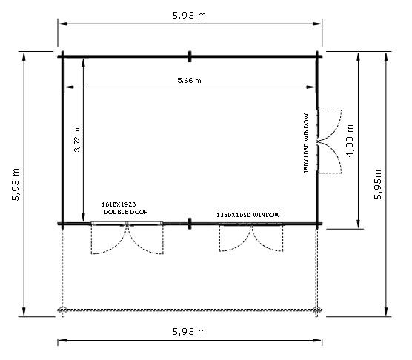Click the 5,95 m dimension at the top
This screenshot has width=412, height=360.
189,16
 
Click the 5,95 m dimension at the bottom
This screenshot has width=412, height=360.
189,332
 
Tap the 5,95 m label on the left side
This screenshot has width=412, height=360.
16,184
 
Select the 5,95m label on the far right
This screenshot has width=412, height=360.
378,184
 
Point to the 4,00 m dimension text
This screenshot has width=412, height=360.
350,141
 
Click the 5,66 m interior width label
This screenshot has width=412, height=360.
189,80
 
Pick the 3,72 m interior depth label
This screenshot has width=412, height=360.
77,140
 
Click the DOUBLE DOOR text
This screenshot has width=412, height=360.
126,212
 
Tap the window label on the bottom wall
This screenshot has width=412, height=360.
248,215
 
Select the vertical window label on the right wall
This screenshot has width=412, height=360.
306,145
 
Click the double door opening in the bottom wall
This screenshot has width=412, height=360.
127,224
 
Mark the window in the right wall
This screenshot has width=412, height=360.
317,141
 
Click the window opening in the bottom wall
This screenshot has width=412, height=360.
251,224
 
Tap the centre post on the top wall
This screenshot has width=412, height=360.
190,56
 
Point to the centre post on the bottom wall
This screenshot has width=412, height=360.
190,224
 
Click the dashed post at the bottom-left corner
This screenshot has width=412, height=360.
62,310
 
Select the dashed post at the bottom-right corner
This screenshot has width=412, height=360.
317,310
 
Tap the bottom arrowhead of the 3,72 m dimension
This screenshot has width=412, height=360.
83,218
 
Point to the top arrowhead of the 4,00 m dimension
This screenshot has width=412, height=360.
358,57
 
